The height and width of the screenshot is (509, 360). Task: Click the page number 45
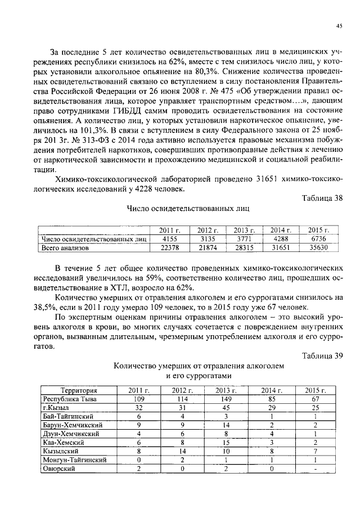pyautogui.click(x=339, y=25)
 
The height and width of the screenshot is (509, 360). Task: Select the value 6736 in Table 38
pyautogui.click(x=319, y=238)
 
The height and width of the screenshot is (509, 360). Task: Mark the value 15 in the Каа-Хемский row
pyautogui.click(x=224, y=443)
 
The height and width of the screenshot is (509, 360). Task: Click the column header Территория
pyautogui.click(x=79, y=390)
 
